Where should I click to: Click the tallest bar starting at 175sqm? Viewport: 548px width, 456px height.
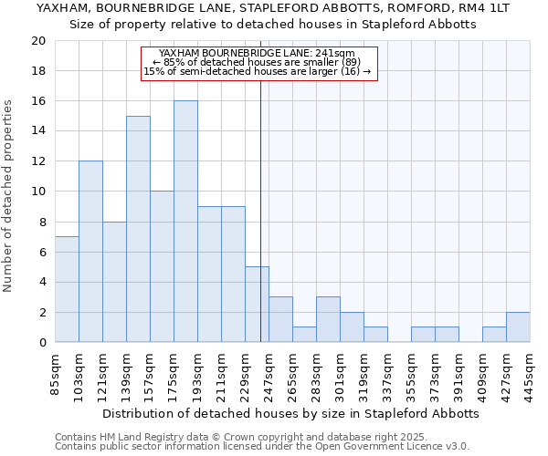click(185, 222)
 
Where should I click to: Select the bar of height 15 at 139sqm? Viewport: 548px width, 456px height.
click(138, 229)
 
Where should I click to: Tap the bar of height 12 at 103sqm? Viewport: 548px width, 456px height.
click(90, 252)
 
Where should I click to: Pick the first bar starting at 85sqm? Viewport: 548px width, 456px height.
click(67, 289)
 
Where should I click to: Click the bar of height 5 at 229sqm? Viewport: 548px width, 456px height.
click(257, 305)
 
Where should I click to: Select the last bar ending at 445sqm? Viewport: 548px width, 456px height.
click(518, 327)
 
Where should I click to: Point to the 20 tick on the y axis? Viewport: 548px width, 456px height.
click(38, 41)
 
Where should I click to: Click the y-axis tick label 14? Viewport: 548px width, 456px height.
click(38, 131)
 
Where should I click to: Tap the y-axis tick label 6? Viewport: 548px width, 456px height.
click(42, 252)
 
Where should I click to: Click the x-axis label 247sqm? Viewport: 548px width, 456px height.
click(269, 374)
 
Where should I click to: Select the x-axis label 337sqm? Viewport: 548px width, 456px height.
click(387, 374)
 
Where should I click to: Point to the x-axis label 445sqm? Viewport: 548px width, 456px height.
click(530, 374)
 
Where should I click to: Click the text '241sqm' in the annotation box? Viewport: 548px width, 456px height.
click(336, 54)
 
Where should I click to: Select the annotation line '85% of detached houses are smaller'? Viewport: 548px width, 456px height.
click(259, 63)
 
